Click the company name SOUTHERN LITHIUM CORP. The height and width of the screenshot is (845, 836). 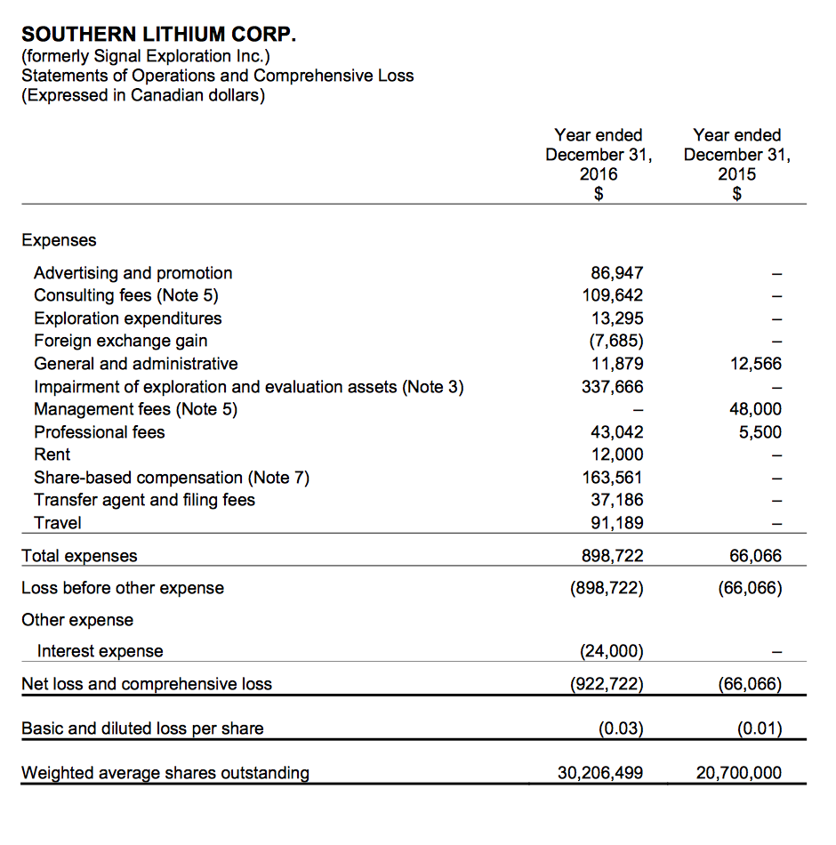pyautogui.click(x=158, y=35)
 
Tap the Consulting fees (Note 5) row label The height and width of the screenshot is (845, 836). pyautogui.click(x=126, y=295)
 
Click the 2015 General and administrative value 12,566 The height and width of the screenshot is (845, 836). pyautogui.click(x=755, y=364)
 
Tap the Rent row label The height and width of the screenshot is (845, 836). pyautogui.click(x=52, y=455)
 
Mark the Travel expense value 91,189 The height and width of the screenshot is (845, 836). pyautogui.click(x=616, y=523)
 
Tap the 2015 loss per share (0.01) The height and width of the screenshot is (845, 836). pyautogui.click(x=759, y=729)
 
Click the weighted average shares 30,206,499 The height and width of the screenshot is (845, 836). pyautogui.click(x=600, y=773)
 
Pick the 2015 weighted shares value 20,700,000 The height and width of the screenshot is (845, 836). pyautogui.click(x=739, y=773)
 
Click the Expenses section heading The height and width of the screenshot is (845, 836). pyautogui.click(x=59, y=240)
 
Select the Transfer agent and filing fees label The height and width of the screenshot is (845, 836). pyautogui.click(x=144, y=500)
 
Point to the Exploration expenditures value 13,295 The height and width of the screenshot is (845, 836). pyautogui.click(x=616, y=318)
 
